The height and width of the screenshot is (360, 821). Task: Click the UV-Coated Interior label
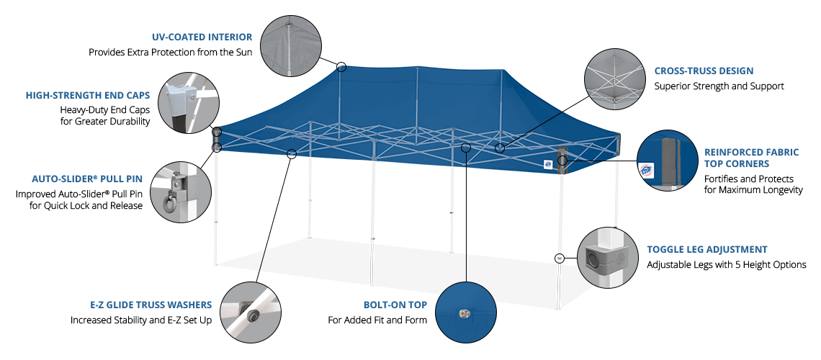tap(202, 37)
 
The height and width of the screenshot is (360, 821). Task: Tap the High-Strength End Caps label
tap(92, 95)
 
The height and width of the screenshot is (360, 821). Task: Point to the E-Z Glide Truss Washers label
tap(151, 305)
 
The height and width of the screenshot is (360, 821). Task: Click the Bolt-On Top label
tap(395, 305)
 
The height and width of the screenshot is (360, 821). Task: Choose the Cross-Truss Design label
tap(704, 71)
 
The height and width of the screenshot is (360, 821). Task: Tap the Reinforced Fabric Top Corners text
tap(751, 158)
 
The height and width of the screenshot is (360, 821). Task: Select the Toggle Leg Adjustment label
tap(706, 250)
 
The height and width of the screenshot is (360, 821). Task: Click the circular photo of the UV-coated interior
tap(291, 45)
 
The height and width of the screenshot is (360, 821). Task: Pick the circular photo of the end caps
tap(187, 102)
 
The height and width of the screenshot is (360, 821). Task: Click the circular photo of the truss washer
tap(250, 311)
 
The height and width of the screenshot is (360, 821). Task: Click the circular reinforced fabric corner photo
tap(668, 161)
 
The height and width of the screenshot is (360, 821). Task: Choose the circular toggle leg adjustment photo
tap(608, 258)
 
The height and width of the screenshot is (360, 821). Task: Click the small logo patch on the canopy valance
tap(547, 163)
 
